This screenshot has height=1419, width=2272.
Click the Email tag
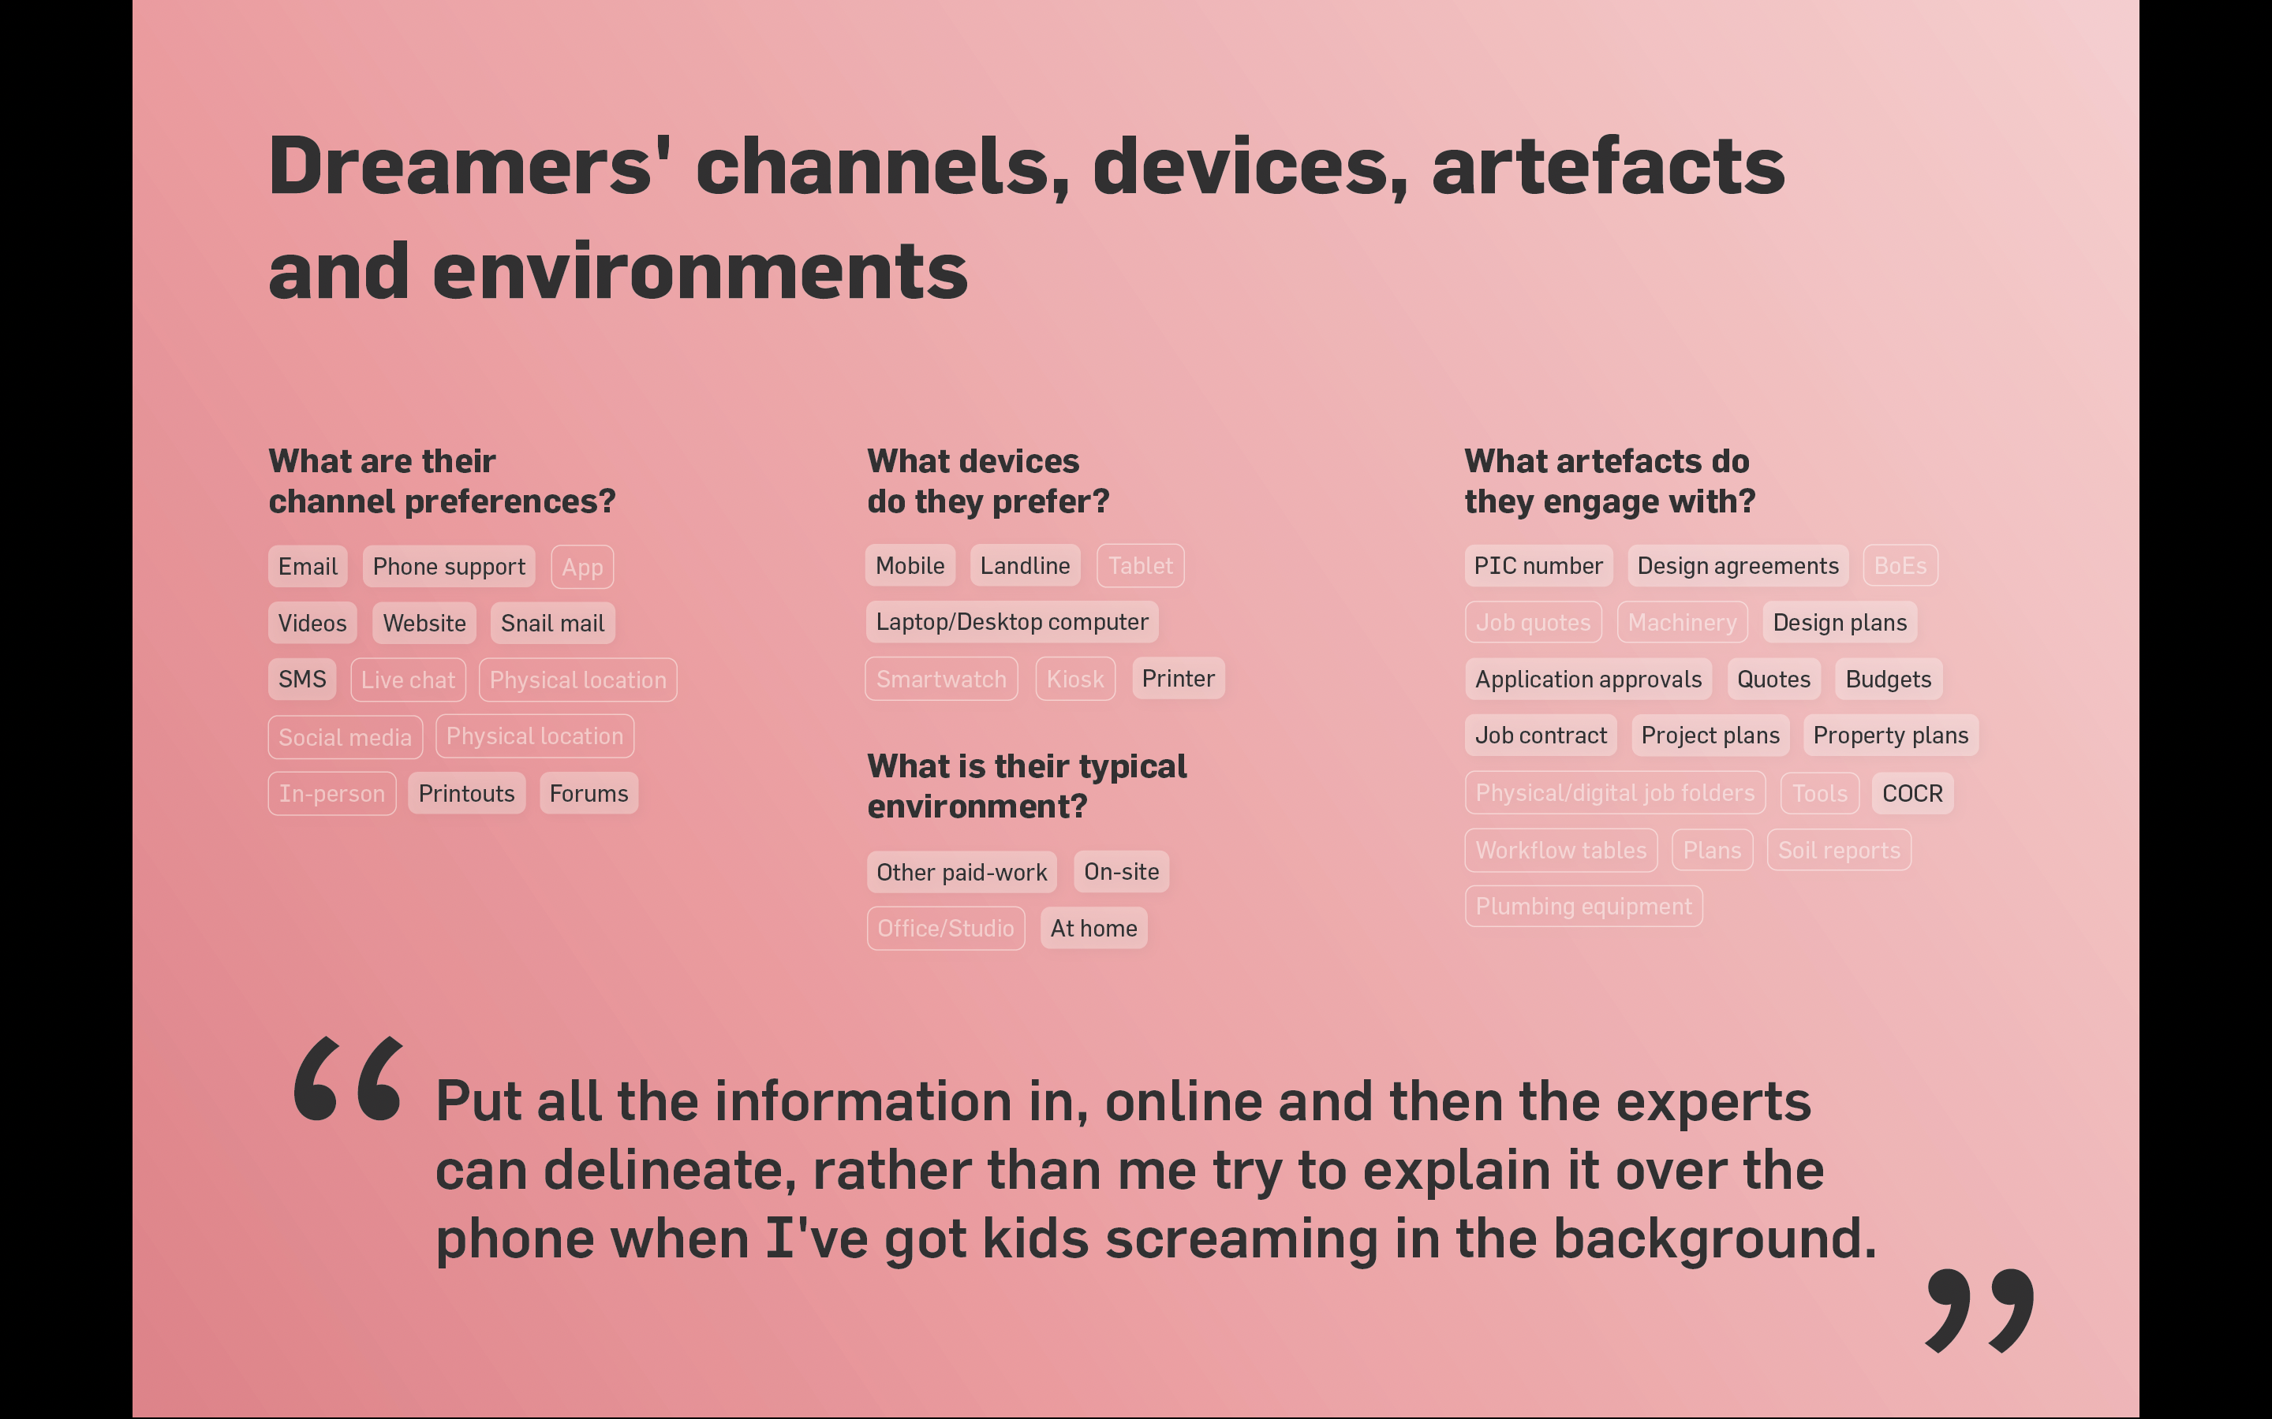point(308,567)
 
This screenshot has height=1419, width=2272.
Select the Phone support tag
point(449,567)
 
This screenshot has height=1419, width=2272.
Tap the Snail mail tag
point(553,623)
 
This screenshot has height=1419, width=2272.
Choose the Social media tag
point(346,737)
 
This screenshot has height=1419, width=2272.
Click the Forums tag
point(589,793)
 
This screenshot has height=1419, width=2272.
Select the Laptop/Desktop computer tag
point(1012,622)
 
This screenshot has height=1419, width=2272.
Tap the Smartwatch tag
point(942,679)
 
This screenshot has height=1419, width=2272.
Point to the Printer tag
point(1179,679)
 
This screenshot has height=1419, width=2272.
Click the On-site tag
point(1122,872)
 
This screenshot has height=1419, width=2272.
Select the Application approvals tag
point(1589,680)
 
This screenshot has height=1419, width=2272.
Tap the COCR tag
point(1912,793)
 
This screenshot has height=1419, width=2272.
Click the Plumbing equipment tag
point(1584,907)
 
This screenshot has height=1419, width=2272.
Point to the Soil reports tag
point(1839,851)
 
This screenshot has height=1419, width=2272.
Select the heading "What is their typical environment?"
point(1027,787)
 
